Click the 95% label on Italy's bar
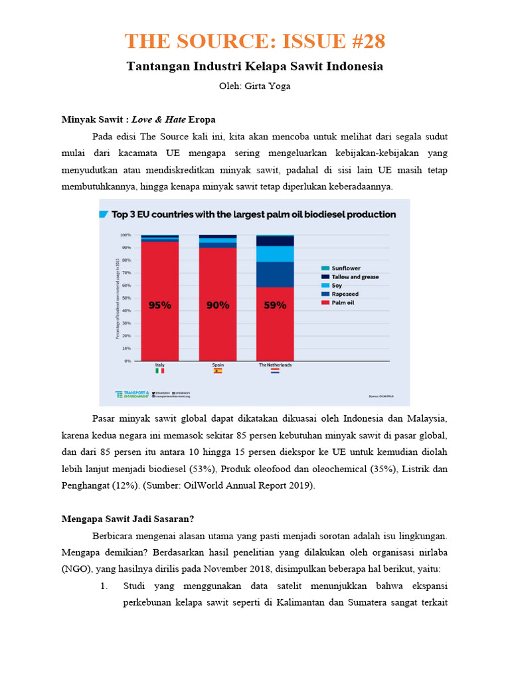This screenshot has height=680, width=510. [x=159, y=305]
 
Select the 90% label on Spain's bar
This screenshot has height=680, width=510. [x=217, y=305]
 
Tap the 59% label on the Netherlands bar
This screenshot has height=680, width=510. [x=275, y=305]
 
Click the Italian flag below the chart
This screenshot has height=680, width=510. [x=160, y=371]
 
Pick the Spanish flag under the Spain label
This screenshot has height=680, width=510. [x=217, y=371]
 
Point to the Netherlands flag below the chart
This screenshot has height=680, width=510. [x=275, y=371]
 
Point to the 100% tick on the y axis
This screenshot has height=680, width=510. [x=126, y=235]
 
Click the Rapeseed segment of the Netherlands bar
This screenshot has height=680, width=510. [x=275, y=274]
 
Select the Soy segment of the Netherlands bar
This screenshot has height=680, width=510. [x=275, y=254]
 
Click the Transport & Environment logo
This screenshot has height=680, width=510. [x=131, y=394]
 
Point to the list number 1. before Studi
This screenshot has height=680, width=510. [x=104, y=586]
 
